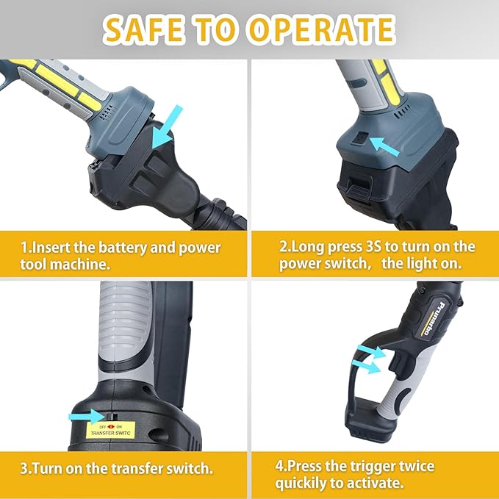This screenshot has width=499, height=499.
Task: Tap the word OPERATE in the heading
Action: (320, 29)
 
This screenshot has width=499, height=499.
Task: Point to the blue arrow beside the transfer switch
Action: (84, 416)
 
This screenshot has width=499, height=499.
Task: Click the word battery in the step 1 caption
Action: (132, 247)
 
